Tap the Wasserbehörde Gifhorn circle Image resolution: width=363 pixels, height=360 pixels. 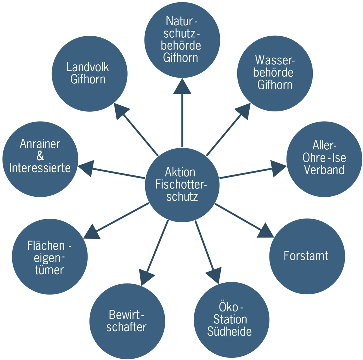(275, 73)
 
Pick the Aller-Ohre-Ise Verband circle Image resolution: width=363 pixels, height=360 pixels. (324, 159)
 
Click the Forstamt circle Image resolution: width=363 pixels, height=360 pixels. (307, 256)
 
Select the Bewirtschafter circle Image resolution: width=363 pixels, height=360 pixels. (127, 321)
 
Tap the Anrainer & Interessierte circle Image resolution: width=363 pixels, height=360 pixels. (40, 159)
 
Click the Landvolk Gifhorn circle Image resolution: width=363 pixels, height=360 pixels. (90, 73)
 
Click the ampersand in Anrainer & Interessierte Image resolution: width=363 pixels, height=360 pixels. (40, 156)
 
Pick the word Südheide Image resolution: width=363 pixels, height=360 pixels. (229, 332)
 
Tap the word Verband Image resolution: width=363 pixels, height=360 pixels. (324, 170)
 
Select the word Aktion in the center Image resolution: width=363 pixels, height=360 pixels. (180, 172)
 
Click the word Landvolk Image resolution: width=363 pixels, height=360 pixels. (87, 67)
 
